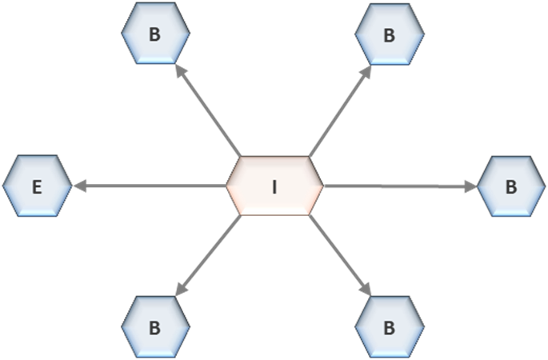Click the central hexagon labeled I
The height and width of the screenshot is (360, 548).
(274, 186)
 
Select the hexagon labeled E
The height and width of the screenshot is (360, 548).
(37, 186)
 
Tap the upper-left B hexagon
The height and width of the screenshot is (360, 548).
(155, 34)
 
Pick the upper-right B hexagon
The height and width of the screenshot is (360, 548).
(390, 34)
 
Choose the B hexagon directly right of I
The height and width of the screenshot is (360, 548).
(511, 186)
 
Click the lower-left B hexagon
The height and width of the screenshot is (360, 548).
(155, 326)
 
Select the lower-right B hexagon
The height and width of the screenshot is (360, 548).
(390, 326)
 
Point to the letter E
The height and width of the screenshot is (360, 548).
(37, 186)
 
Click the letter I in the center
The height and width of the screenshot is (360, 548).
(274, 186)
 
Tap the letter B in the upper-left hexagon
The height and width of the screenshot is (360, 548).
(155, 34)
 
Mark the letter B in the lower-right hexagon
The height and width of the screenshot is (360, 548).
(390, 328)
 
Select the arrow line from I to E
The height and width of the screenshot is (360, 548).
(150, 186)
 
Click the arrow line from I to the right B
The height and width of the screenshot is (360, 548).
(401, 186)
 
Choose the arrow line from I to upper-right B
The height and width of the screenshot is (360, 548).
(340, 110)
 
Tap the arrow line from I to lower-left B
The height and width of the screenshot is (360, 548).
(208, 256)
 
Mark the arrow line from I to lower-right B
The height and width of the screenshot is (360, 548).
(340, 256)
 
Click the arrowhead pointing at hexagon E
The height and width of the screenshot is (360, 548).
(80, 186)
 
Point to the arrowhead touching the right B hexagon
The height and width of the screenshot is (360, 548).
(471, 186)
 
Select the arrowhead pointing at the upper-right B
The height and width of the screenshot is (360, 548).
(366, 72)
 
